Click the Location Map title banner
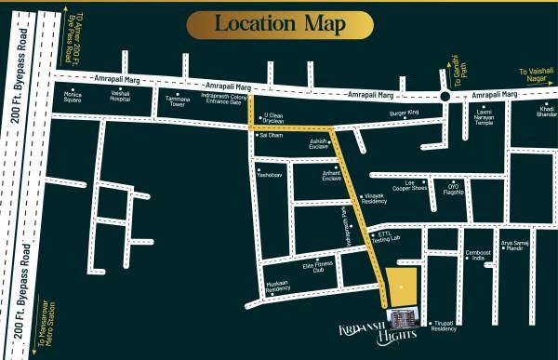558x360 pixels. [280, 23]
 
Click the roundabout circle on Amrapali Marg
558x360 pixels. [446, 96]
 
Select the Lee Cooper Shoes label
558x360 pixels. [409, 185]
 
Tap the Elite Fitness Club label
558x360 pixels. [318, 267]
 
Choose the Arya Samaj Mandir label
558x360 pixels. [517, 246]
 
